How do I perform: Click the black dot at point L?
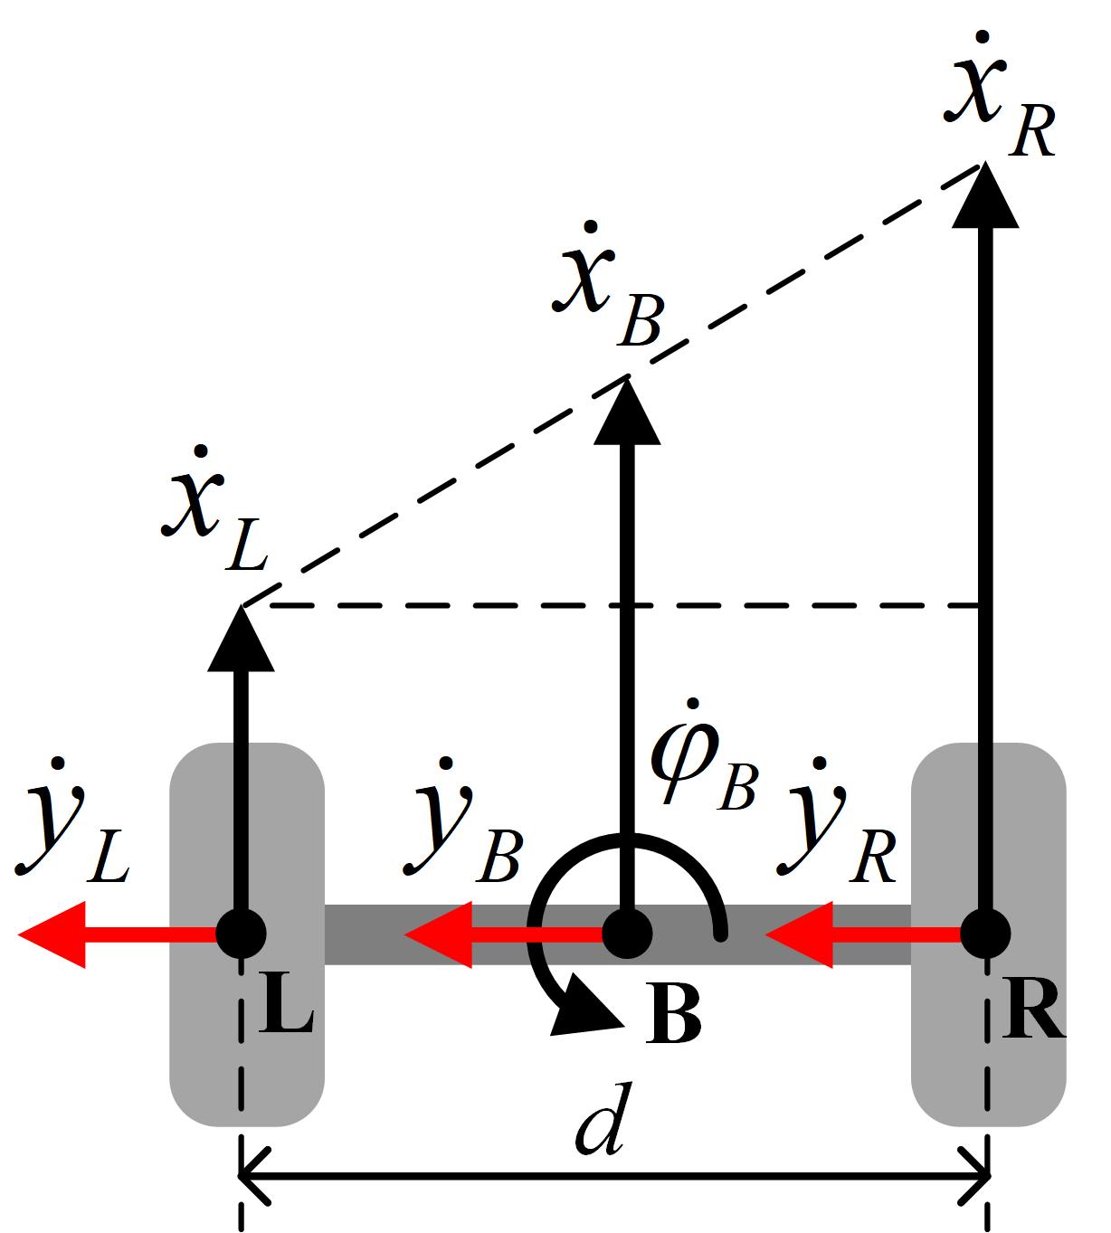click(x=241, y=934)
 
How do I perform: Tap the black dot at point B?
click(x=627, y=934)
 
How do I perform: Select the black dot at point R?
click(x=984, y=934)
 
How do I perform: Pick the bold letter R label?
click(x=1033, y=1015)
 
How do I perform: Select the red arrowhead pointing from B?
click(x=438, y=934)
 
